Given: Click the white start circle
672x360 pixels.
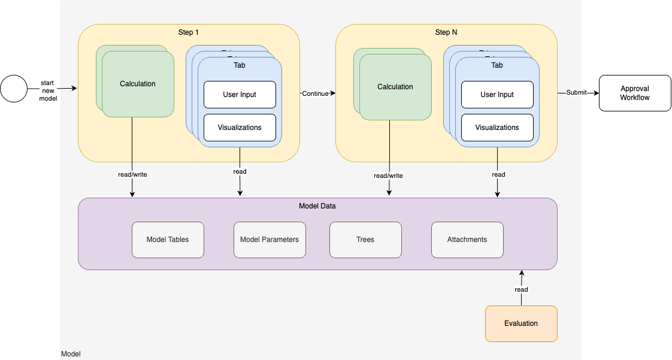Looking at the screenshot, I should tap(14, 89).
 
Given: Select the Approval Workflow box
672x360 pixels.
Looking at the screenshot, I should tap(635, 93).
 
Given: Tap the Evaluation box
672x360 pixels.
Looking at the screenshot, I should tap(521, 323).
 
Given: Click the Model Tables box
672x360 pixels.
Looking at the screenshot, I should tap(168, 240).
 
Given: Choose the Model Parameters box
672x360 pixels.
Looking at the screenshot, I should tap(270, 240).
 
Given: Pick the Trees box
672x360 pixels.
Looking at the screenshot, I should tap(365, 240).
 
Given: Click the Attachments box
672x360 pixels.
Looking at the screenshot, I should tap(467, 240).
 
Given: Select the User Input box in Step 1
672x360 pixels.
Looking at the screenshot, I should tap(240, 95).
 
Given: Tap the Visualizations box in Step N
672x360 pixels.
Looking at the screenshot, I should tap(497, 128).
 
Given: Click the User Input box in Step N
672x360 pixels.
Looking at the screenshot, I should tap(497, 95).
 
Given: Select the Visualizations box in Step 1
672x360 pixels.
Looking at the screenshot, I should tap(240, 128).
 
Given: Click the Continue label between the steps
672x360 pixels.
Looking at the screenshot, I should tap(315, 93).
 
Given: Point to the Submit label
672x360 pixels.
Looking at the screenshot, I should tap(576, 92).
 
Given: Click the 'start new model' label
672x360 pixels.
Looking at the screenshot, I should tap(48, 90).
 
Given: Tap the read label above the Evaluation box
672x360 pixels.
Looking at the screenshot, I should tap(521, 289).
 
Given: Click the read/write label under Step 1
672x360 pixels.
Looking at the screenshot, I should tap(132, 174).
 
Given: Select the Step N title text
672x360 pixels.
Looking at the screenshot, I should tap(446, 32).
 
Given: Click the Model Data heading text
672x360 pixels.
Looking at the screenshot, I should tap(317, 206).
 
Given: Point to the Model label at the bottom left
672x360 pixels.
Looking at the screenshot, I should tap(71, 354).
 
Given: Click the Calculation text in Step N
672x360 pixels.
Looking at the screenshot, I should tap(395, 87).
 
